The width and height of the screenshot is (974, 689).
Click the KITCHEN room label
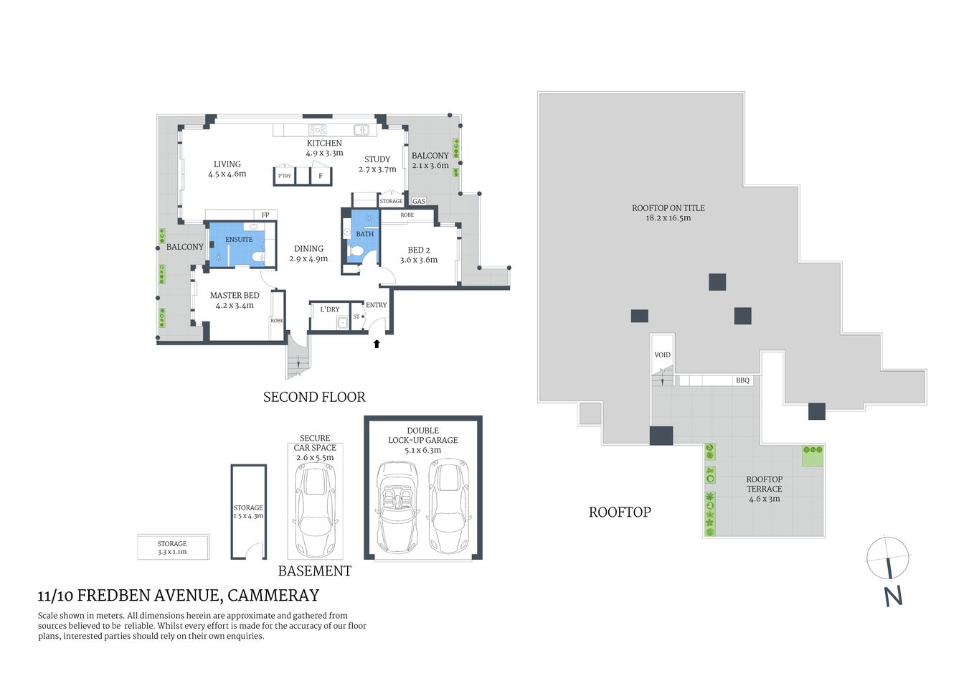coord(324,144)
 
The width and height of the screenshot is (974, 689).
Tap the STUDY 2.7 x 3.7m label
coord(377,164)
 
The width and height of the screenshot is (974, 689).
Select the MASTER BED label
coord(235,296)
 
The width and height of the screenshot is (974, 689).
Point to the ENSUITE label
coord(239,239)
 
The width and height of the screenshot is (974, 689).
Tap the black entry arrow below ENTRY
coord(377,344)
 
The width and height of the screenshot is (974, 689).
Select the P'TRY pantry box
coord(285,176)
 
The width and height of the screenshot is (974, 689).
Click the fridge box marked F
coord(321,176)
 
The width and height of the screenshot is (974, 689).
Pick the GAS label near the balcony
coord(419,202)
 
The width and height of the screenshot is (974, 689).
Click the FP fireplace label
coord(265,215)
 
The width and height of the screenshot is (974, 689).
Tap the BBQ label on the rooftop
coord(742,380)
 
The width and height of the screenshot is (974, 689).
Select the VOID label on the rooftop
coord(662,355)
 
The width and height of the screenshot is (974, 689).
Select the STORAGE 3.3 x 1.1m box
coord(172,548)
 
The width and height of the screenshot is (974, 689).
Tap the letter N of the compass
coord(893,596)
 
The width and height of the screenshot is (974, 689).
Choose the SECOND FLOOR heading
coord(314,397)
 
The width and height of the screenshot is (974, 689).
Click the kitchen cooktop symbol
coord(317,130)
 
